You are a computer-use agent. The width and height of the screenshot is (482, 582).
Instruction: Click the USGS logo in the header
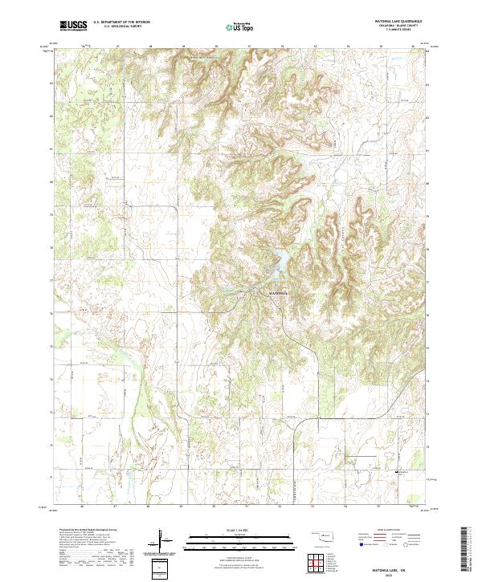point(73,26)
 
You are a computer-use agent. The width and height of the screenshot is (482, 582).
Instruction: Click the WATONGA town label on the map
point(276,294)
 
